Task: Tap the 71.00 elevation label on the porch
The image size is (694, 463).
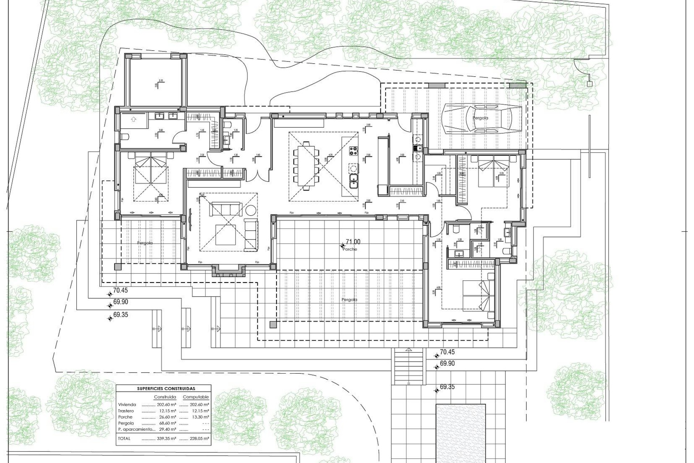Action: click(x=353, y=242)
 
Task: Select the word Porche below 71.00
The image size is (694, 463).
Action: click(x=350, y=249)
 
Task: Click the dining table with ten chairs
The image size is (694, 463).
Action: click(x=307, y=165)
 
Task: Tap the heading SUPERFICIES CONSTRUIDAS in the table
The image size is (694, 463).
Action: click(x=166, y=388)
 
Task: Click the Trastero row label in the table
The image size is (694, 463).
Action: click(x=125, y=411)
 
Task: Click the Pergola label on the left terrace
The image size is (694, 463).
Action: click(x=145, y=243)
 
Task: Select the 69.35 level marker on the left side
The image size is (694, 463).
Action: click(x=120, y=315)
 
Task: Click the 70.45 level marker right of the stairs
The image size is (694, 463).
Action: click(x=447, y=352)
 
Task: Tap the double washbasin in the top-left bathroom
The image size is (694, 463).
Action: click(x=166, y=116)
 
